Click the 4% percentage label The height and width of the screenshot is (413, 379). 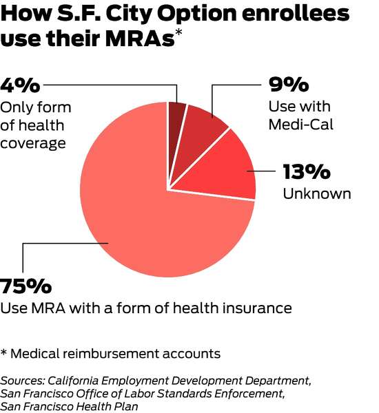(20, 85)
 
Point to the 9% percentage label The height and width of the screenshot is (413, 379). (289, 84)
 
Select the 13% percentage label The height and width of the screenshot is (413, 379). (307, 171)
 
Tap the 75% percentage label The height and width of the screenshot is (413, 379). (26, 286)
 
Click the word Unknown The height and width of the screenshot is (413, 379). (317, 193)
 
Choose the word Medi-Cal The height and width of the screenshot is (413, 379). (301, 125)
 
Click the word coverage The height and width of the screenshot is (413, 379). (33, 144)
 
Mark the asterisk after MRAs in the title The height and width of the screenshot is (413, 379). (178, 32)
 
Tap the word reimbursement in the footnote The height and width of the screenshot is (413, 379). (111, 354)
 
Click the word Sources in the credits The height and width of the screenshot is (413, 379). (22, 381)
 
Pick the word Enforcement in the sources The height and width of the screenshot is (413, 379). (249, 394)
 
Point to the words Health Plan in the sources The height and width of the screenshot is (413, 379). (110, 406)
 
